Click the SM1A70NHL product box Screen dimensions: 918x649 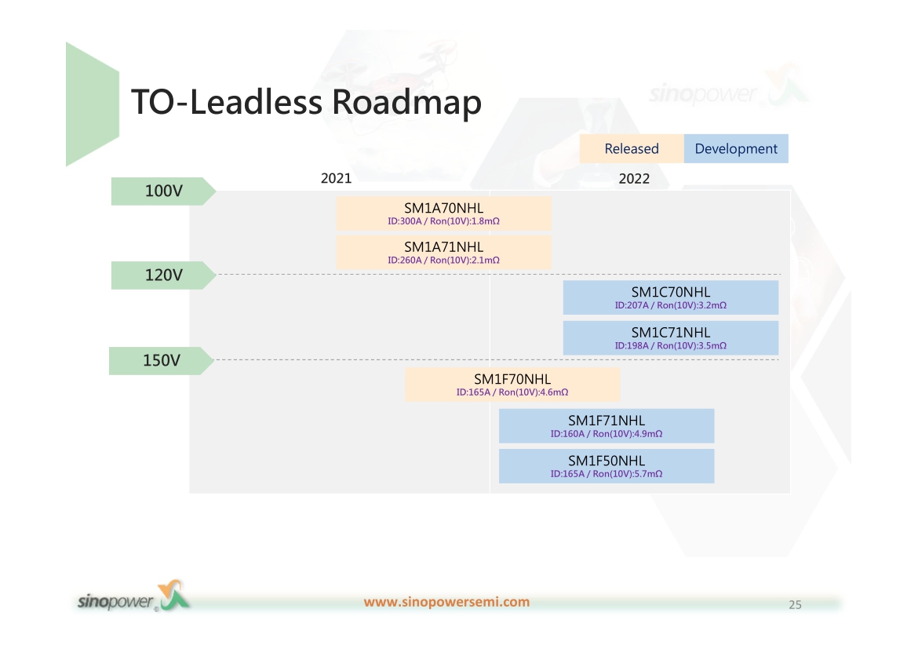tap(443, 213)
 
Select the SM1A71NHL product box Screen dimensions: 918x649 tap(443, 253)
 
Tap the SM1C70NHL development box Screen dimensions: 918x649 tap(671, 297)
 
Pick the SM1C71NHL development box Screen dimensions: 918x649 tap(671, 338)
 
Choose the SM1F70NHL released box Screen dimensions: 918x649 tap(512, 385)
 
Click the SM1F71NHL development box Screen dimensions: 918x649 tap(607, 426)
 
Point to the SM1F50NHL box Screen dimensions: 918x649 tap(607, 466)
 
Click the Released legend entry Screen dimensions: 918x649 tap(632, 149)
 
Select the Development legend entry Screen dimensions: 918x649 tap(736, 149)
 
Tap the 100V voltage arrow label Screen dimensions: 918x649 tap(163, 191)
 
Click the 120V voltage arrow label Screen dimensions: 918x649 tap(163, 275)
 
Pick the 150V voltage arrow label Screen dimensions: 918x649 tap(162, 361)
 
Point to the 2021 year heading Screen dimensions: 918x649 tap(336, 178)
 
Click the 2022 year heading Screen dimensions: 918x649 tap(634, 179)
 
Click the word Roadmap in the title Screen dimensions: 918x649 tap(407, 103)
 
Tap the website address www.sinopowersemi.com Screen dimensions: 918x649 tap(446, 602)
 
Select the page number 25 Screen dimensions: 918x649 tap(795, 604)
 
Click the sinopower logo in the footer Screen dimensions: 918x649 tap(134, 596)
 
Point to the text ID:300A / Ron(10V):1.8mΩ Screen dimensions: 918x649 tap(444, 221)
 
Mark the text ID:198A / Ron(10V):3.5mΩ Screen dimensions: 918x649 tap(671, 345)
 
